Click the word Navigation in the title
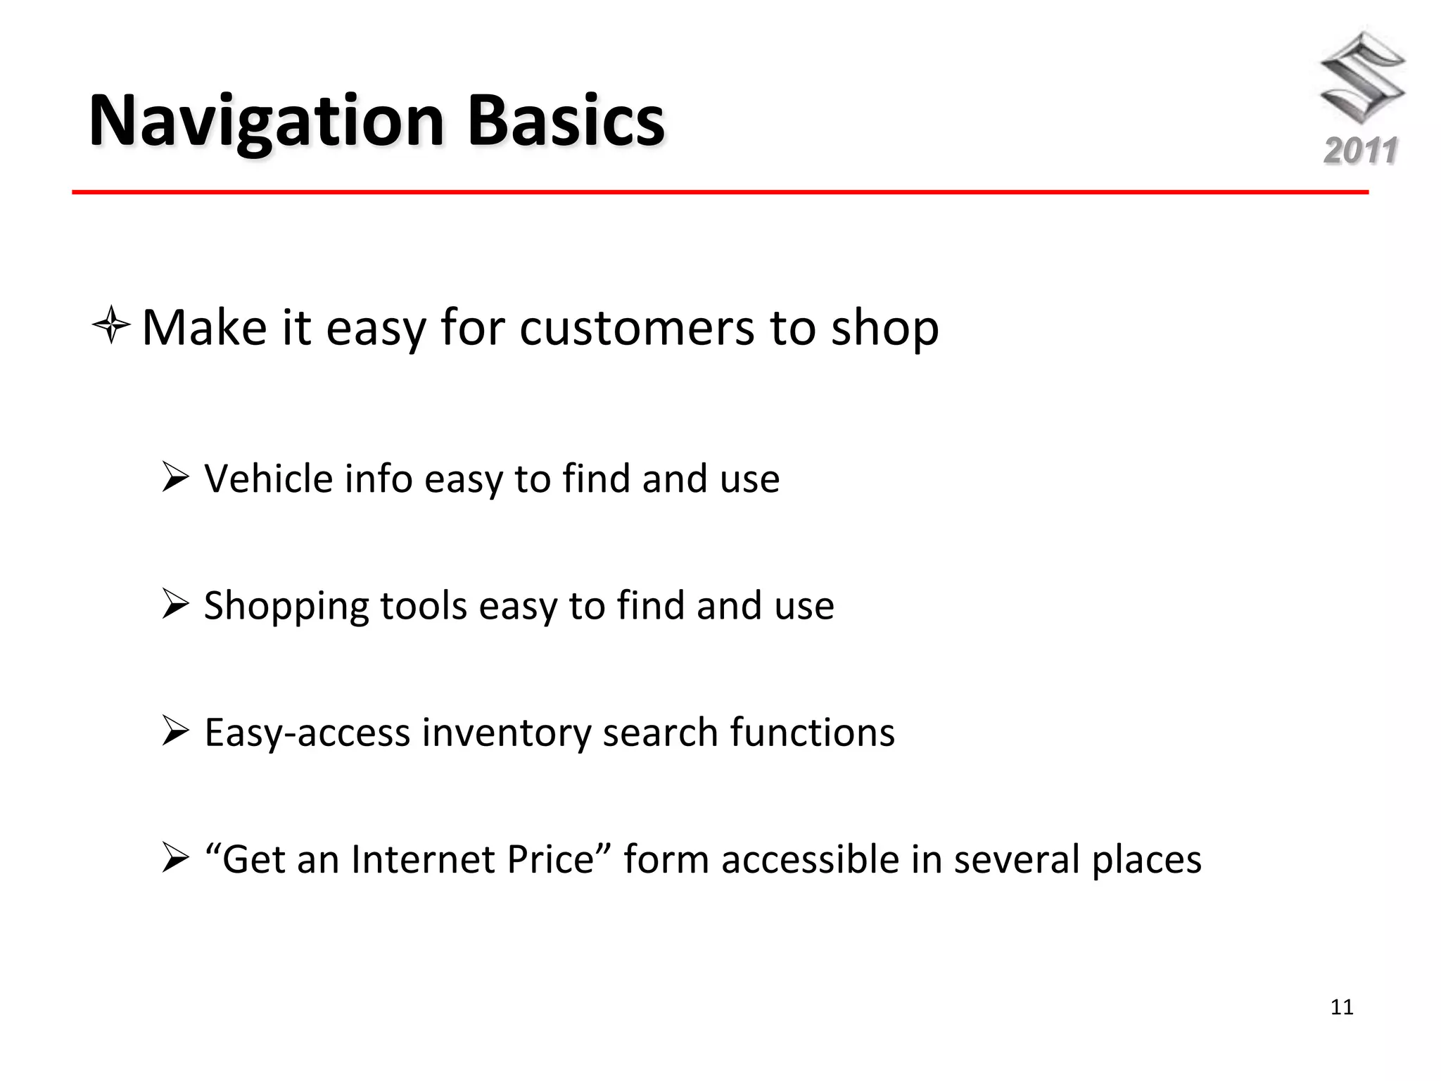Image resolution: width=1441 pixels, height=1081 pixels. (266, 121)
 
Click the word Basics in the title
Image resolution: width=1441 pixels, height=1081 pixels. (566, 121)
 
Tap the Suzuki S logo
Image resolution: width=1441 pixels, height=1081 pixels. (1361, 77)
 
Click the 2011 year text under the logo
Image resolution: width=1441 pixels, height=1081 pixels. (1361, 151)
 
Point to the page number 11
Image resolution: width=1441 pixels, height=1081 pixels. (1342, 1007)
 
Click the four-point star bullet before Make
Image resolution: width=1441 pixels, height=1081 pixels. (111, 326)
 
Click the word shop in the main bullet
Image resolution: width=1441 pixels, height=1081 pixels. (884, 329)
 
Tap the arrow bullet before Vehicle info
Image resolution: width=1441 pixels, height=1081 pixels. (175, 478)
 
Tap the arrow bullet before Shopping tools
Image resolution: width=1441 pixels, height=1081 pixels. (175, 605)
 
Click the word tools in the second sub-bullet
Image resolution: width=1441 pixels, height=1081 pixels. (423, 605)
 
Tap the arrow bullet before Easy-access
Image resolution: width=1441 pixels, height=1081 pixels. (175, 731)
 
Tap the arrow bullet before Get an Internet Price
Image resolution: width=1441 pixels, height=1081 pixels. (175, 859)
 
